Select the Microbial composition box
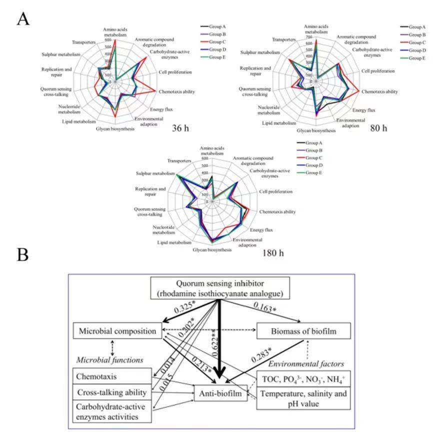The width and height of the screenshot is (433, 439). coord(117,330)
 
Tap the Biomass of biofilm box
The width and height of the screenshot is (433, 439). coord(304,330)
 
